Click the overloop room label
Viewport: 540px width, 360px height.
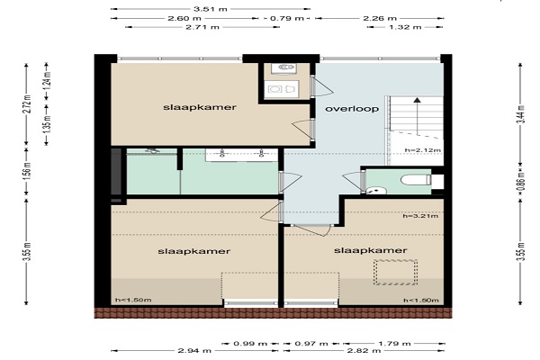352,109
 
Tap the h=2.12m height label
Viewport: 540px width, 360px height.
423,150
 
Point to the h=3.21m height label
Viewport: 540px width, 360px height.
420,216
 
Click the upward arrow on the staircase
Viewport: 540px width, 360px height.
418,116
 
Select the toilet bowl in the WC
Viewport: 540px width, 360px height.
416,179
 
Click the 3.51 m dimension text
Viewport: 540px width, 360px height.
210,9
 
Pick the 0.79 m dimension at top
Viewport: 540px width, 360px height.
287,18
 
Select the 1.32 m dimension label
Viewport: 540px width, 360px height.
405,27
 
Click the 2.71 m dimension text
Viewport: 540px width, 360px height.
202,27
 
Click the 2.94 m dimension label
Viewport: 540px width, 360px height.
194,351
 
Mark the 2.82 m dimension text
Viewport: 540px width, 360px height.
364,351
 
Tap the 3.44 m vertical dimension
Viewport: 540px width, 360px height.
522,113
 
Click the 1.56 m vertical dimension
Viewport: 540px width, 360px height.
28,170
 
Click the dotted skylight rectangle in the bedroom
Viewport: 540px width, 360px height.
396,272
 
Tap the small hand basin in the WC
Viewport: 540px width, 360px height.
375,190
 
